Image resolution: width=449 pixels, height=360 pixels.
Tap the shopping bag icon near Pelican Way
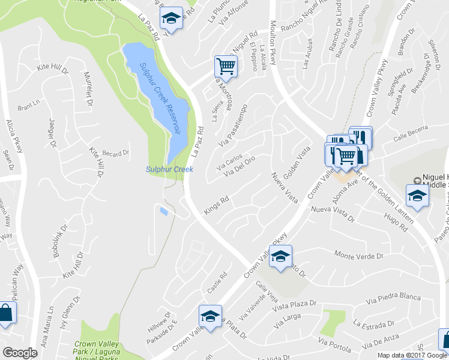[6, 314]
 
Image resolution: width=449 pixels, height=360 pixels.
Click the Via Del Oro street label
[240, 167]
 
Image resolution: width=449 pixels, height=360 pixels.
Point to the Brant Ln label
[28, 108]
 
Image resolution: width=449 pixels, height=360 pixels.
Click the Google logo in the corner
[20, 352]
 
